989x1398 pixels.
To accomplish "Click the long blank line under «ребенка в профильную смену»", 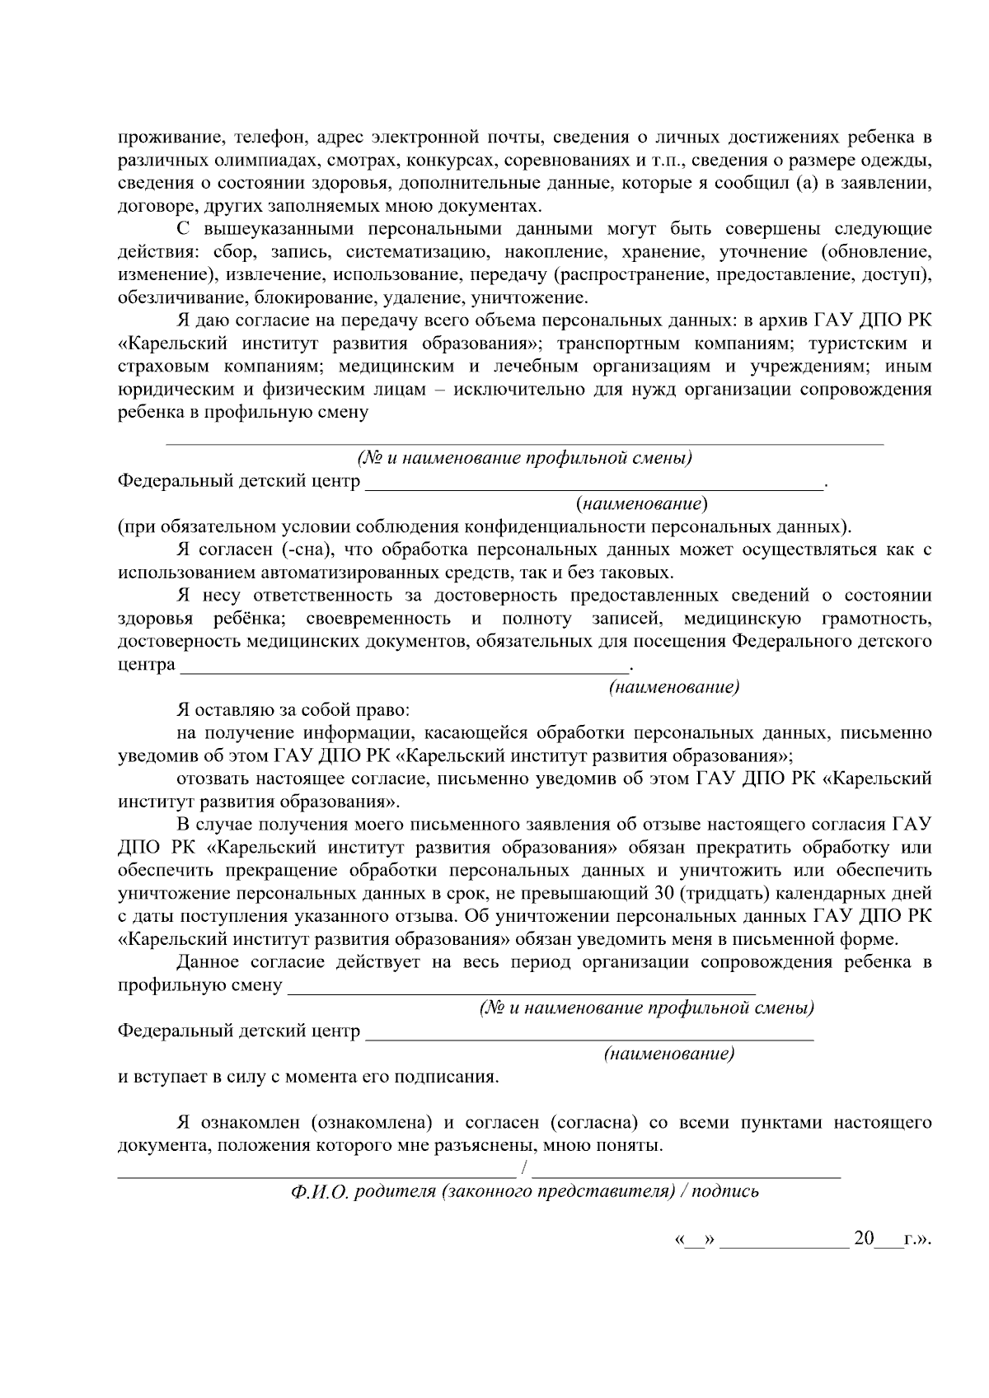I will point(524,443).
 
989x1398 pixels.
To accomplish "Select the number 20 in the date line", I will point(864,1238).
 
